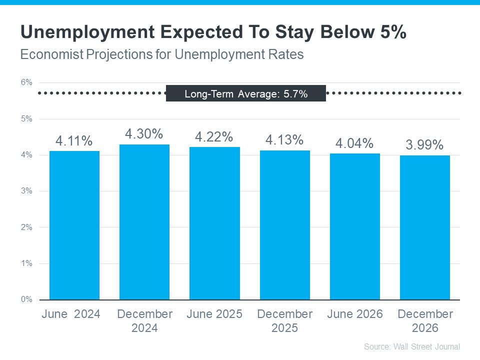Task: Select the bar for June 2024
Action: click(x=74, y=225)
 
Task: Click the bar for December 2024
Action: click(x=144, y=222)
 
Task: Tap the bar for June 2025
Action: click(x=214, y=223)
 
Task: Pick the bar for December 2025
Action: click(x=284, y=225)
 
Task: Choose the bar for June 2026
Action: click(x=354, y=226)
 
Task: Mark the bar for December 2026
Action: click(x=424, y=227)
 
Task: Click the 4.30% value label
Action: click(x=144, y=134)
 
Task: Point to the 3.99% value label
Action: click(x=424, y=145)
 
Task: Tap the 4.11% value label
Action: click(x=74, y=141)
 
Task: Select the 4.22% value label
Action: click(x=214, y=137)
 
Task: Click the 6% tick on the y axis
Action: click(x=26, y=82)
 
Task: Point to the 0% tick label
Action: click(x=26, y=299)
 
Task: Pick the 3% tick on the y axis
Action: click(x=26, y=191)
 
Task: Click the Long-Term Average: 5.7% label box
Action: click(x=245, y=93)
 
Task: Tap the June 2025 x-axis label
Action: click(x=214, y=314)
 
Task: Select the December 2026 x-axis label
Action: click(x=425, y=321)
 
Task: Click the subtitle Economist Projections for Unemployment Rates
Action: click(x=161, y=54)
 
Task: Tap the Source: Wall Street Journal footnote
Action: click(x=411, y=346)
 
